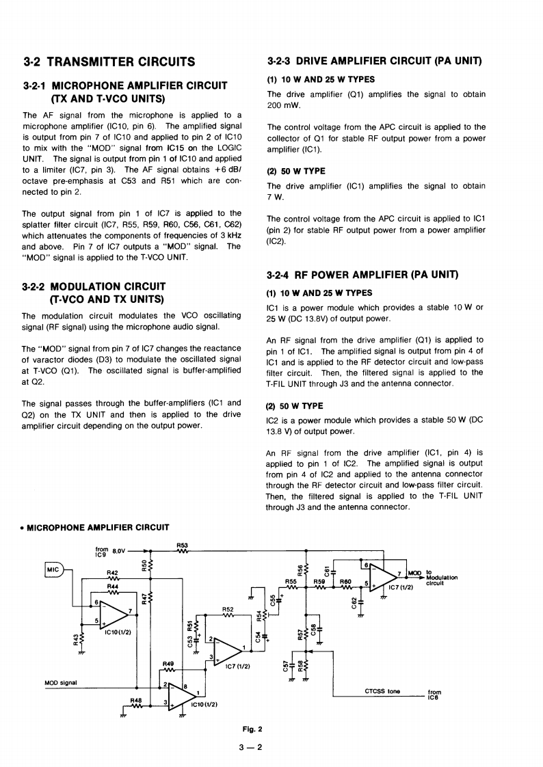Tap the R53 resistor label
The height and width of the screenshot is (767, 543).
(x=182, y=545)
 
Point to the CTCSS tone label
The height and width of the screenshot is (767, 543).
(x=383, y=691)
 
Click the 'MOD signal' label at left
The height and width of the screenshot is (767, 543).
(x=60, y=682)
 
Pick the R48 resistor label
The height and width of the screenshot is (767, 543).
(x=136, y=700)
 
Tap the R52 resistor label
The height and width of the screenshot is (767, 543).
(x=228, y=608)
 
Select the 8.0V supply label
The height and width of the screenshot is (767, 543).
(x=119, y=549)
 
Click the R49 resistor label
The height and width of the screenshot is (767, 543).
(x=168, y=664)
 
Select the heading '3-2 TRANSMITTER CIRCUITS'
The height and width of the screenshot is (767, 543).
(x=109, y=62)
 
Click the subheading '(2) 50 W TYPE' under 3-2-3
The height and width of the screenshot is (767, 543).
(x=296, y=171)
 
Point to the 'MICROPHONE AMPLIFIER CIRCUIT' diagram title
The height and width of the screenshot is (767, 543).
(x=98, y=527)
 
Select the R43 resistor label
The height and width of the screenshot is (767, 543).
(x=75, y=640)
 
